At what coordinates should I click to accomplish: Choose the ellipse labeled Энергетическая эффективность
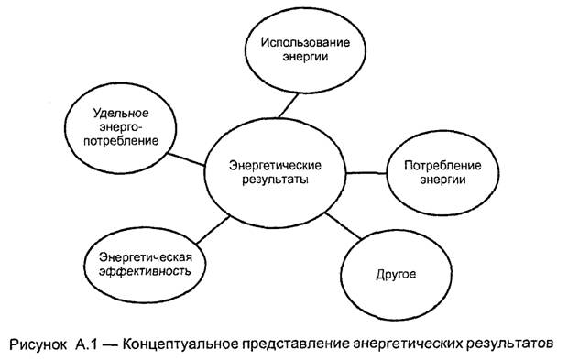click(x=144, y=262)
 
